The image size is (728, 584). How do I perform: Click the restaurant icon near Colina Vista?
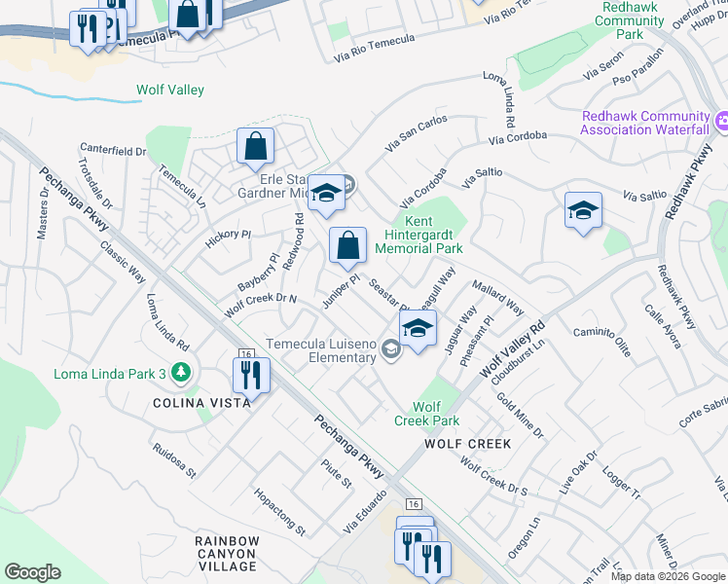[x=250, y=374]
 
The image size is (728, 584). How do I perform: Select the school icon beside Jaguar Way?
[x=418, y=329]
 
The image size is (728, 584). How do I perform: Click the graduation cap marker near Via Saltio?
[x=582, y=210]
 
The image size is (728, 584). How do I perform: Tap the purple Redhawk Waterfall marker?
[x=721, y=122]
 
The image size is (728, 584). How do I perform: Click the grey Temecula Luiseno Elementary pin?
[x=390, y=348]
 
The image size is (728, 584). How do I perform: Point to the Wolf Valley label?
[x=169, y=91]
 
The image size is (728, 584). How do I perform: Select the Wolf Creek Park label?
[x=427, y=414]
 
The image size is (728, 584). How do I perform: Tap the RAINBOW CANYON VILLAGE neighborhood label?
[x=227, y=553]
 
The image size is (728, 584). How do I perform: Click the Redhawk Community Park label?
[x=630, y=20]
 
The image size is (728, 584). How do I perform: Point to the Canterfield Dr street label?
[x=113, y=152]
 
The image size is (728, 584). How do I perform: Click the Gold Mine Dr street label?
[x=520, y=413]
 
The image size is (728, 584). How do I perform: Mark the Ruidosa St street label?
[x=174, y=461]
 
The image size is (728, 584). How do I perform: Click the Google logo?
[x=32, y=572]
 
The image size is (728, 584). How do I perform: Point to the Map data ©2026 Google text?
[x=667, y=576]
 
